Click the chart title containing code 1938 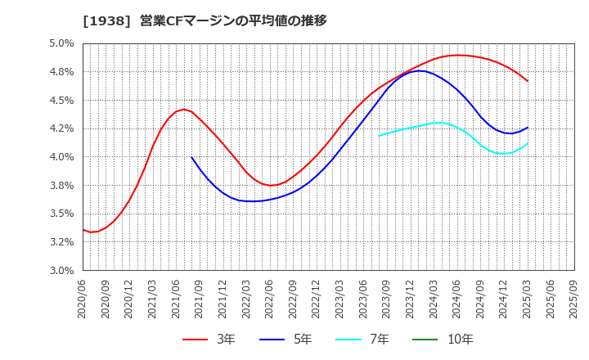click(x=205, y=21)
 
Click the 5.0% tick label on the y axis click(x=61, y=43)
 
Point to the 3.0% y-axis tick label click(x=61, y=270)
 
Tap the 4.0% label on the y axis click(x=61, y=157)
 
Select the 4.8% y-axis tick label click(x=61, y=72)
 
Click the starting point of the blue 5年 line click(x=191, y=157)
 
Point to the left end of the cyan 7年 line click(x=379, y=136)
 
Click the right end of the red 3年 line click(x=528, y=81)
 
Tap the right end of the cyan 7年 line click(x=528, y=144)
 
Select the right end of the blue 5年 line click(x=528, y=127)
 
